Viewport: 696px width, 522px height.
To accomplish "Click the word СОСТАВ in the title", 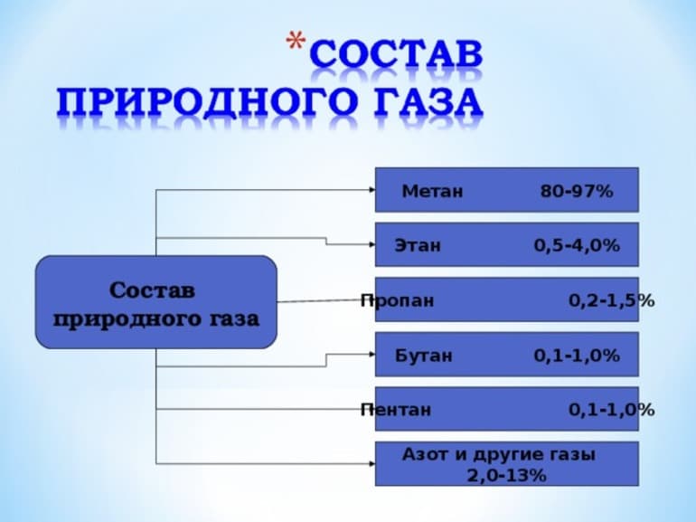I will point(396,57).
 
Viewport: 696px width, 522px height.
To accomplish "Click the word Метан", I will point(432,191).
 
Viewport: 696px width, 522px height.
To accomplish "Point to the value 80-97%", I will point(577,191).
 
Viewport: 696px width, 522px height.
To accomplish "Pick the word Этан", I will point(418,245).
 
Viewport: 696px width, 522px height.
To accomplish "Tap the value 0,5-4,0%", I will point(577,245).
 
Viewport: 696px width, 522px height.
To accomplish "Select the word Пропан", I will point(397,300).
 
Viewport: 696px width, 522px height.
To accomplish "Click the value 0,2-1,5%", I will point(612,300).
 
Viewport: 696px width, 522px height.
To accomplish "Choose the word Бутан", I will point(423,356).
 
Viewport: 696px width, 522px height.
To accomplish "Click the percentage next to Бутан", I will point(577,356).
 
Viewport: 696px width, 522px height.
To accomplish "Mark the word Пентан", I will point(395,410).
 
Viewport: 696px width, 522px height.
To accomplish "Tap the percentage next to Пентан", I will point(612,410).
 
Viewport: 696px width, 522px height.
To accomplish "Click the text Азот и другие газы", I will point(499,455).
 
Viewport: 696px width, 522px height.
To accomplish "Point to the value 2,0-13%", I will point(506,475).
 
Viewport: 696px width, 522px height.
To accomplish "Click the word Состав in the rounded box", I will point(152,291).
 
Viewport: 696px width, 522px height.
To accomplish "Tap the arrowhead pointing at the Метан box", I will point(371,190).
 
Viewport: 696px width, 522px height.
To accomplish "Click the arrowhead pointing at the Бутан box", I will point(371,354).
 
